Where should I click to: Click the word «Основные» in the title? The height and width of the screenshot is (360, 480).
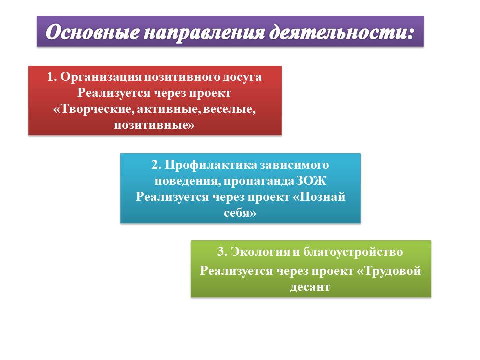(93, 32)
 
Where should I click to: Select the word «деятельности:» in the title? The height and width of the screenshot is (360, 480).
(341, 32)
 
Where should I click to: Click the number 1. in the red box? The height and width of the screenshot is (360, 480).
(52, 77)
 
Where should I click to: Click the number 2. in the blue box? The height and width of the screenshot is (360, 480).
(156, 165)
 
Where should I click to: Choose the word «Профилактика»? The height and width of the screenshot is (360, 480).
(211, 165)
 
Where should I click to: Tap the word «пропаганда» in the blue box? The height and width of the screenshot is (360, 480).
(258, 181)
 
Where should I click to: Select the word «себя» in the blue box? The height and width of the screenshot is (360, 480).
(237, 213)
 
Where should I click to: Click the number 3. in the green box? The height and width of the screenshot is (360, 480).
(222, 252)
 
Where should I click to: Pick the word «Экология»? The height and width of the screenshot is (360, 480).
(260, 252)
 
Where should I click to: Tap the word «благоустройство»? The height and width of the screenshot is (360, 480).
(353, 252)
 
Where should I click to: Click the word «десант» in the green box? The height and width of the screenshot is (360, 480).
(310, 287)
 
